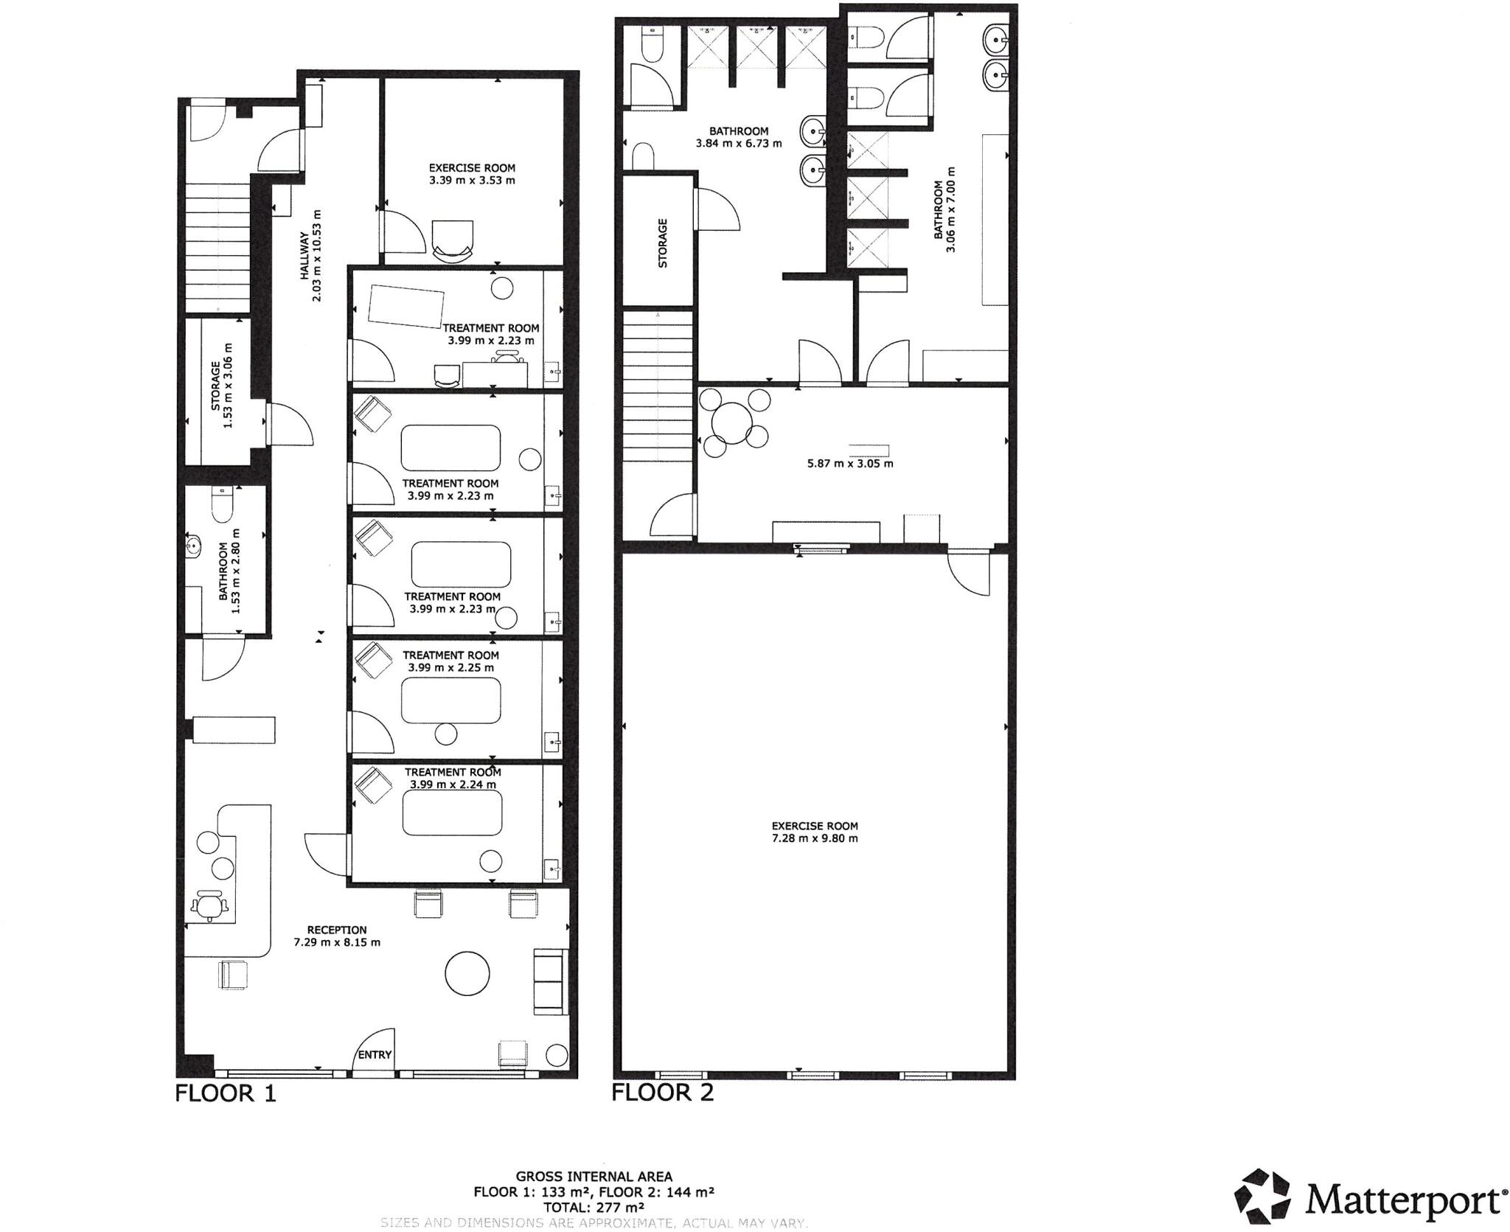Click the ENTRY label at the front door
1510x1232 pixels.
point(375,1054)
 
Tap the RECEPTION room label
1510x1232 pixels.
point(337,930)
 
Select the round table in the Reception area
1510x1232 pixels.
point(467,973)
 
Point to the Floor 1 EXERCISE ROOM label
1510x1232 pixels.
point(472,168)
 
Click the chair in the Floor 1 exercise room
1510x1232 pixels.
point(452,240)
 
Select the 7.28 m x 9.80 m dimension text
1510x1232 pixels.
point(815,838)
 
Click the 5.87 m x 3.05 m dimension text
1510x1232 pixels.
point(850,464)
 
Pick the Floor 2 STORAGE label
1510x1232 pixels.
point(662,243)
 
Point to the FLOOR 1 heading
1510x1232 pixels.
point(225,1093)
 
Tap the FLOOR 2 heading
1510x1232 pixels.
point(662,1092)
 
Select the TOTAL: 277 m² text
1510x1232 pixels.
point(594,1207)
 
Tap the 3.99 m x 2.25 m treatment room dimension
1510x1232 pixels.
point(450,667)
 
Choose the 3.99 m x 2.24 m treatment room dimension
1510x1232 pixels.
point(452,784)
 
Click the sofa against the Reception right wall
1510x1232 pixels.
point(547,981)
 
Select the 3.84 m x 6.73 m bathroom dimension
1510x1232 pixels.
point(739,143)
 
